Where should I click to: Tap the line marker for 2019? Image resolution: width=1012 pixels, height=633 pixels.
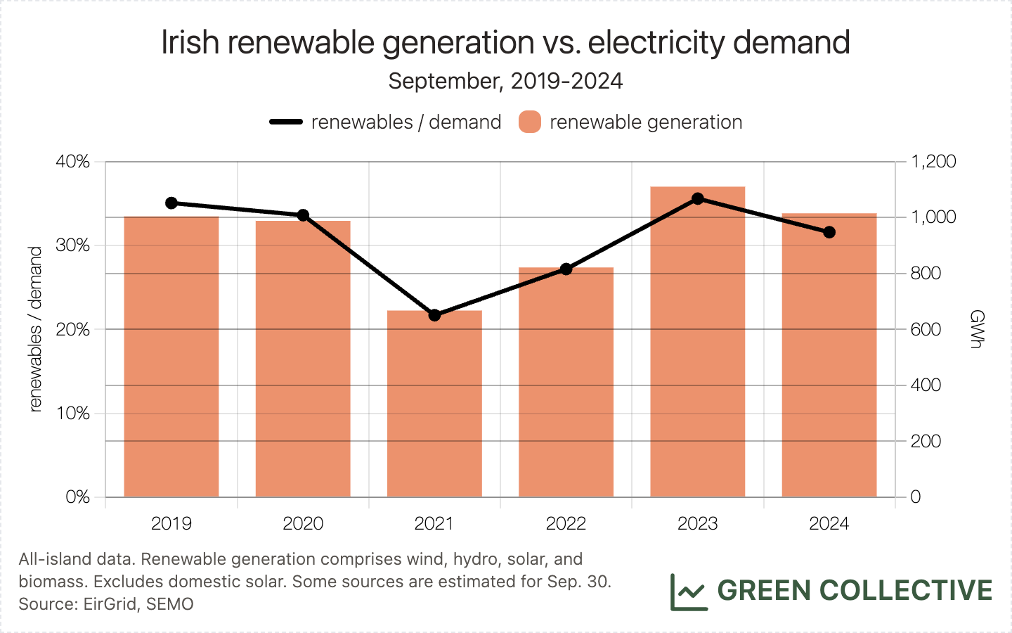tap(171, 203)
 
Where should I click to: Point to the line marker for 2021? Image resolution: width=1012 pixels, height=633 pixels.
tap(434, 315)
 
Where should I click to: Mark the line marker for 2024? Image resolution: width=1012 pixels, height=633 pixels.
tap(829, 232)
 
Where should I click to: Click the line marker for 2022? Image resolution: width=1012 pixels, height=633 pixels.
tap(566, 269)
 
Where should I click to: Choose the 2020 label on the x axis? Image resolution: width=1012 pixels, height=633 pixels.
tap(303, 523)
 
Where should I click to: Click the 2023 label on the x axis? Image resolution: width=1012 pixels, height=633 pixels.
tap(697, 523)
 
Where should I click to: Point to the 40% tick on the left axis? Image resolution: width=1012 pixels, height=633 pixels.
tap(73, 162)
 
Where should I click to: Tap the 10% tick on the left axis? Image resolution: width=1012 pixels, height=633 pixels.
tap(73, 414)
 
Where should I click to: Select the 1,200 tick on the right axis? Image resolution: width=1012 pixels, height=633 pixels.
tap(933, 162)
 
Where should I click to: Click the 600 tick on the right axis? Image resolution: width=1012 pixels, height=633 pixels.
tap(926, 329)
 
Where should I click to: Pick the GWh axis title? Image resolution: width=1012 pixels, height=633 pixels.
tap(976, 329)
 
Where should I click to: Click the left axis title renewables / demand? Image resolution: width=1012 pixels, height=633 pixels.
tap(36, 329)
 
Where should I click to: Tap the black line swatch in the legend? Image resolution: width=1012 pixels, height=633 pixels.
tap(286, 122)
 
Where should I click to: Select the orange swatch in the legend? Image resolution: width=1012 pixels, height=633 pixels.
tap(530, 122)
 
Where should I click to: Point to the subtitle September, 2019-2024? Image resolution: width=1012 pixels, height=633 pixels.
tap(505, 81)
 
